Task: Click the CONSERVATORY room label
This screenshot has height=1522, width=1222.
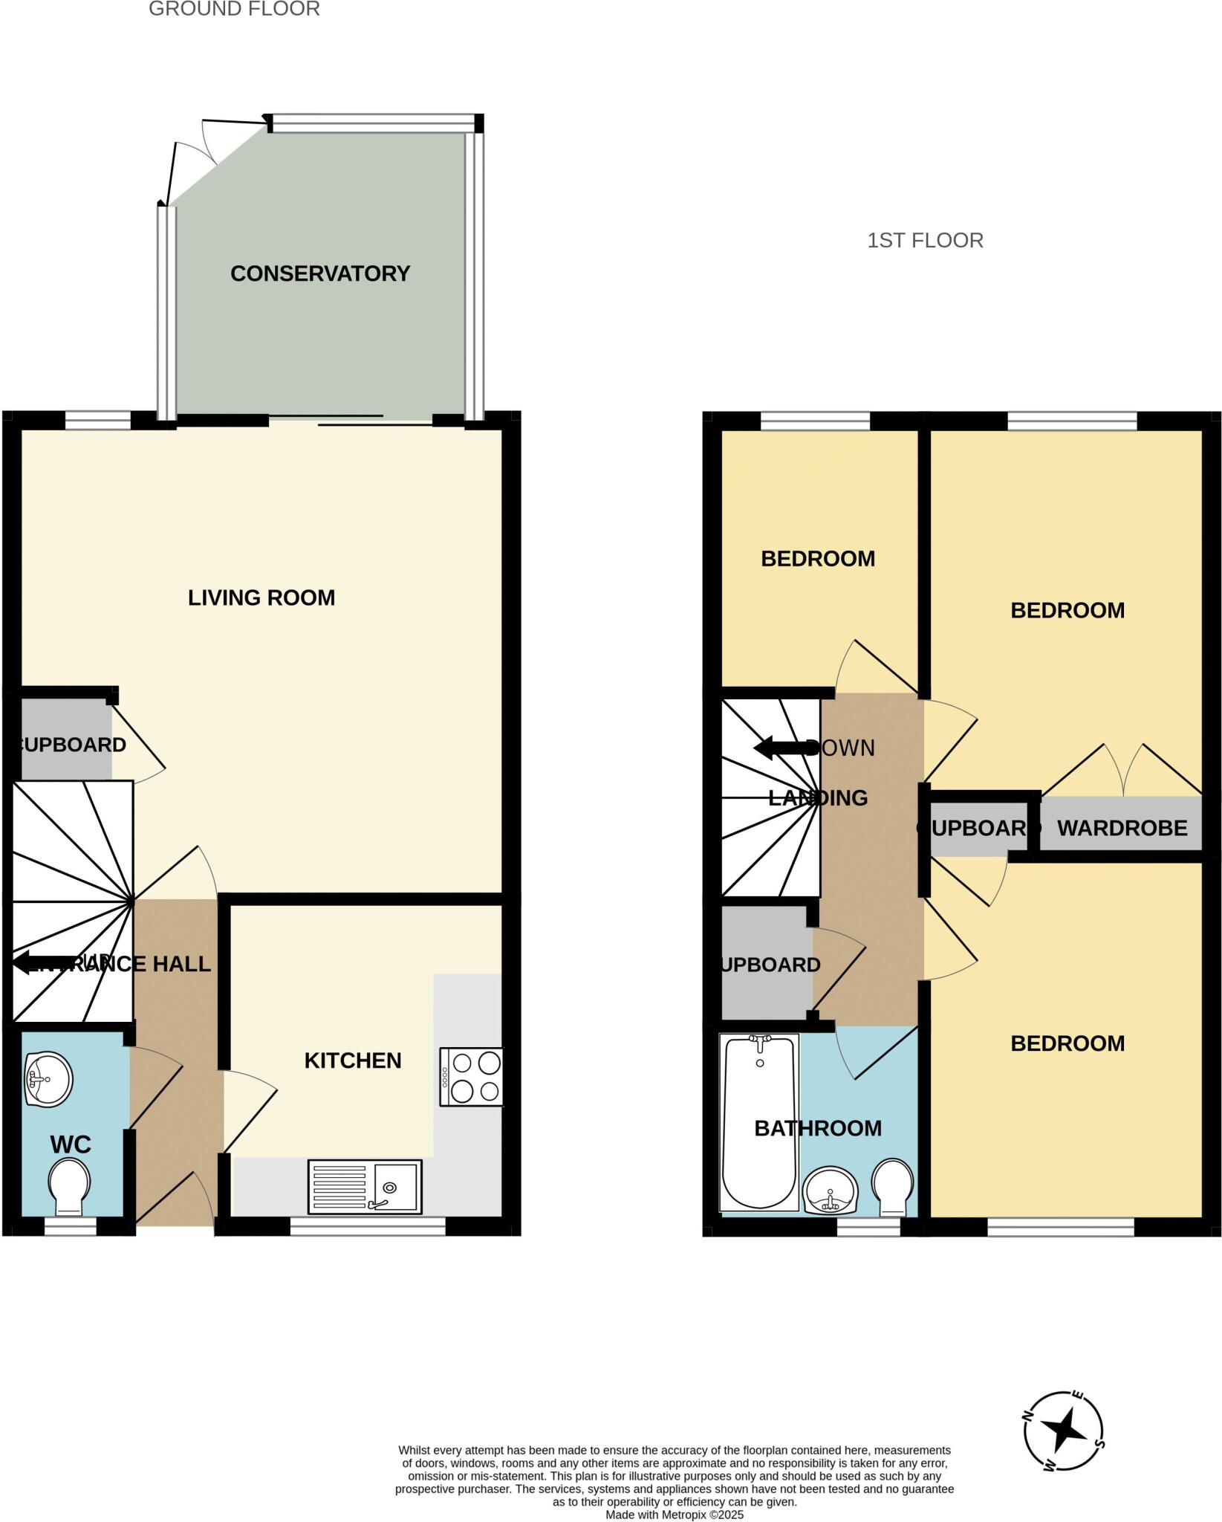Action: click(x=320, y=273)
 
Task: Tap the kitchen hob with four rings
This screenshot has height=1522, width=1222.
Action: click(x=471, y=1077)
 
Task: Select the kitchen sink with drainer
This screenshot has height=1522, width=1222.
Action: click(x=365, y=1187)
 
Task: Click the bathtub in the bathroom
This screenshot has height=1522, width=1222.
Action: click(x=758, y=1122)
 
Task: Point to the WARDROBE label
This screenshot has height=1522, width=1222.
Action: click(x=1122, y=828)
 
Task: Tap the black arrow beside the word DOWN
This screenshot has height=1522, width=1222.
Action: click(x=779, y=748)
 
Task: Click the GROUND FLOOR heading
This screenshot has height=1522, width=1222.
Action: click(x=234, y=10)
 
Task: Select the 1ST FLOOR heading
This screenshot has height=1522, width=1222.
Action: click(x=925, y=241)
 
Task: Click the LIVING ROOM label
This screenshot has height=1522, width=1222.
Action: click(x=261, y=598)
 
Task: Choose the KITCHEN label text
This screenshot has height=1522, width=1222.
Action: click(x=353, y=1060)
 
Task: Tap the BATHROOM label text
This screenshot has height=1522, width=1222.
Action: click(x=818, y=1128)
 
